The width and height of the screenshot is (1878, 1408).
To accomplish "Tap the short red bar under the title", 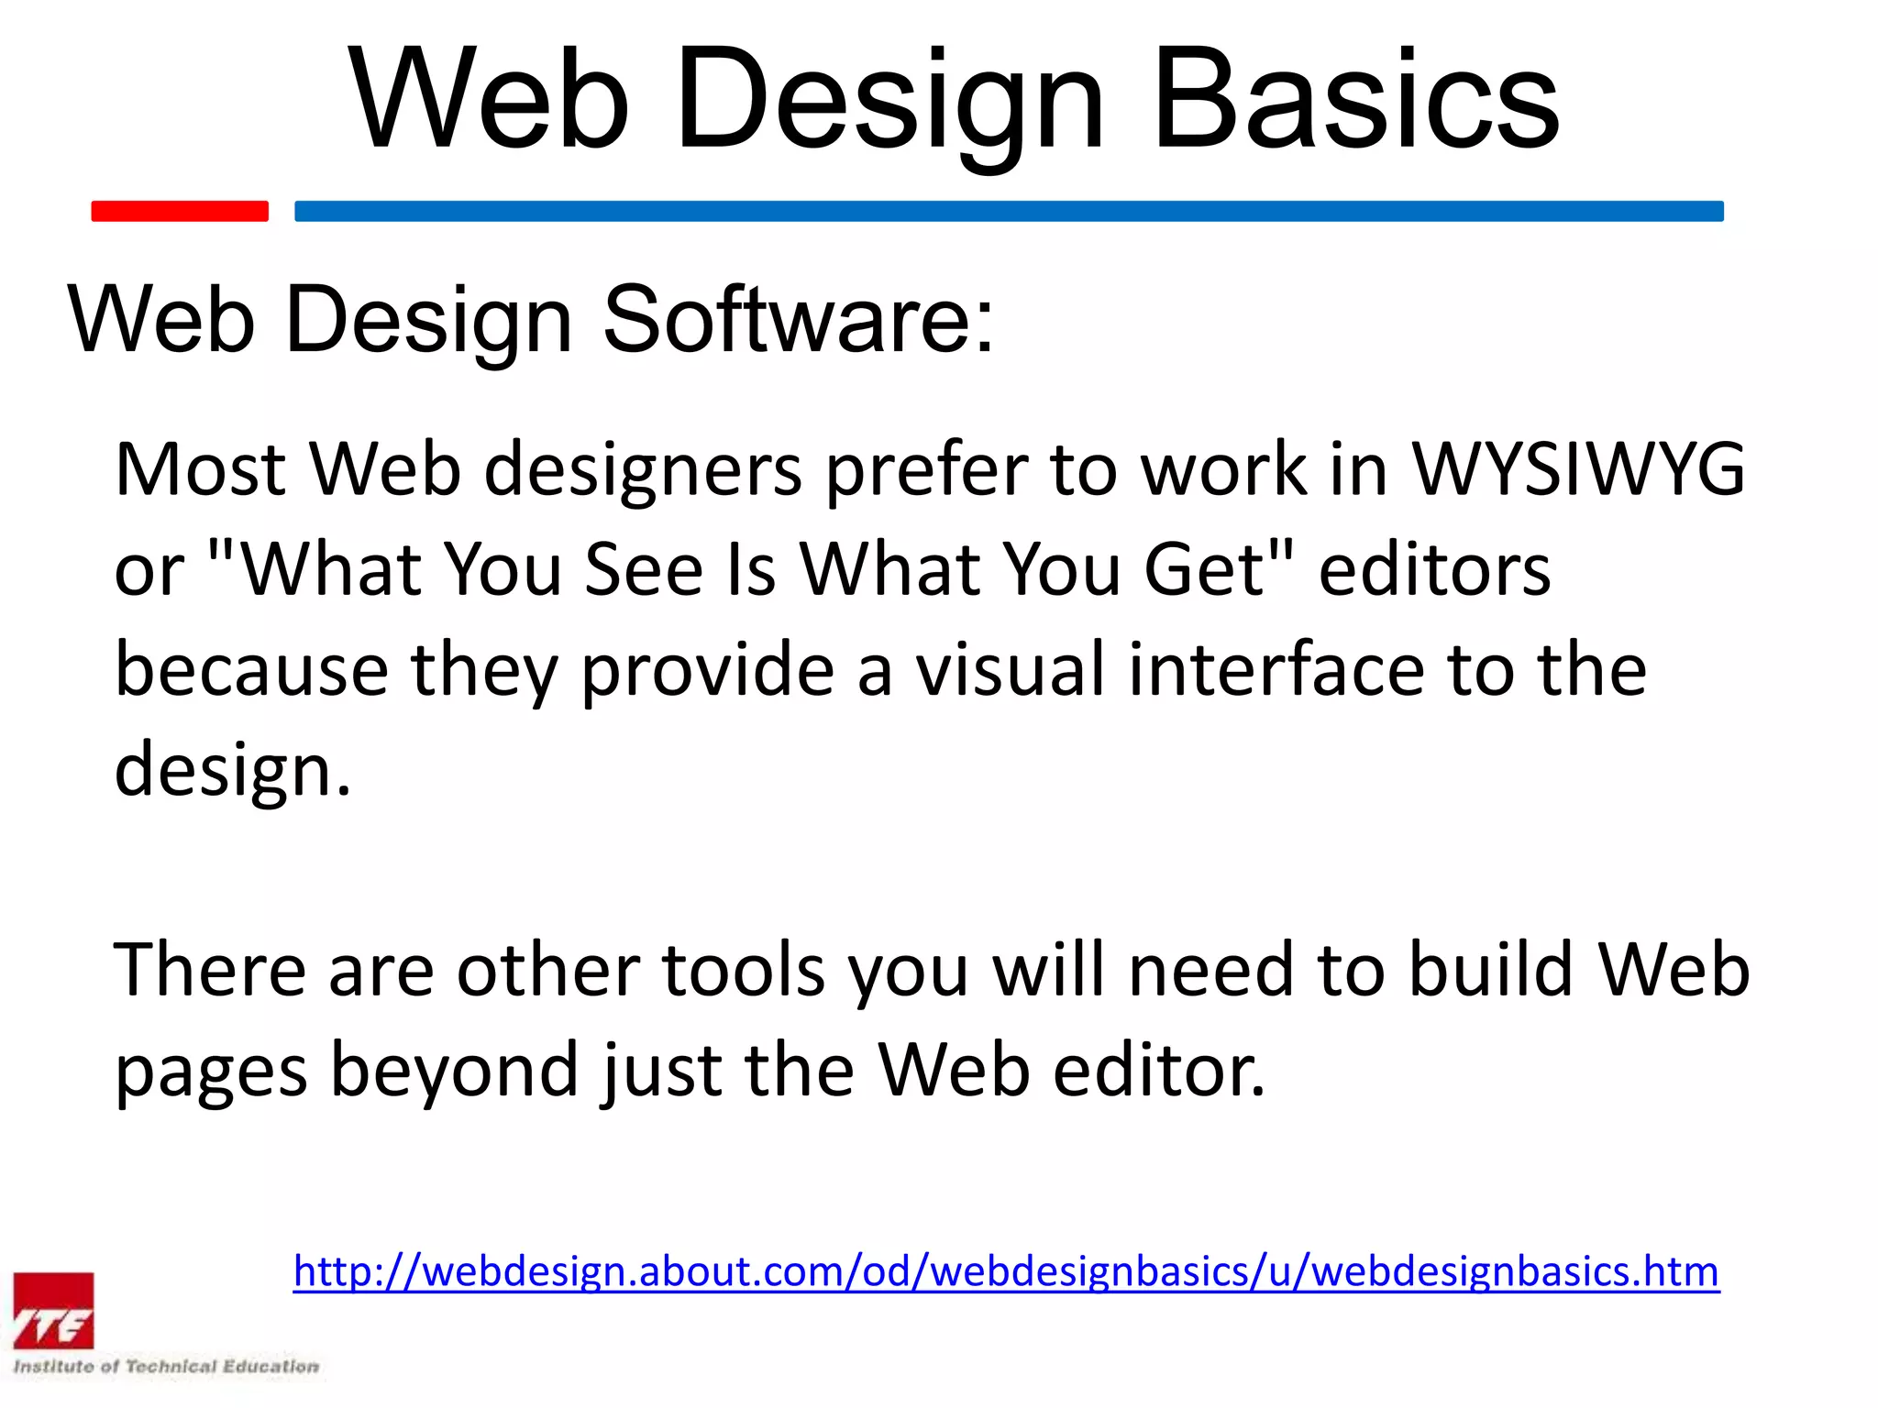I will click(180, 211).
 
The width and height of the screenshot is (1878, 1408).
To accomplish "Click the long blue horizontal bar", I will click(1009, 211).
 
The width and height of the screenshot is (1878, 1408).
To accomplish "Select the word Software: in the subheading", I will click(798, 319).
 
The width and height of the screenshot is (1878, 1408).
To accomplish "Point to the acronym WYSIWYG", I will click(1577, 469).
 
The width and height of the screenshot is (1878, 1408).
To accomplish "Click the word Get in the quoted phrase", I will click(1204, 570).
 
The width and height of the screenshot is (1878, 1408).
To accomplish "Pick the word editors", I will click(1434, 570).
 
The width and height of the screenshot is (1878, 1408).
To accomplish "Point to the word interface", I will click(1276, 669).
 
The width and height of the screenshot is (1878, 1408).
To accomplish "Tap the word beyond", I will click(455, 1071).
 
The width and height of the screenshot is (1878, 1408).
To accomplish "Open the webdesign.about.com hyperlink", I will click(1006, 1271).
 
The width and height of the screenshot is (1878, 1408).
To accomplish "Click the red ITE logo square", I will click(53, 1311).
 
